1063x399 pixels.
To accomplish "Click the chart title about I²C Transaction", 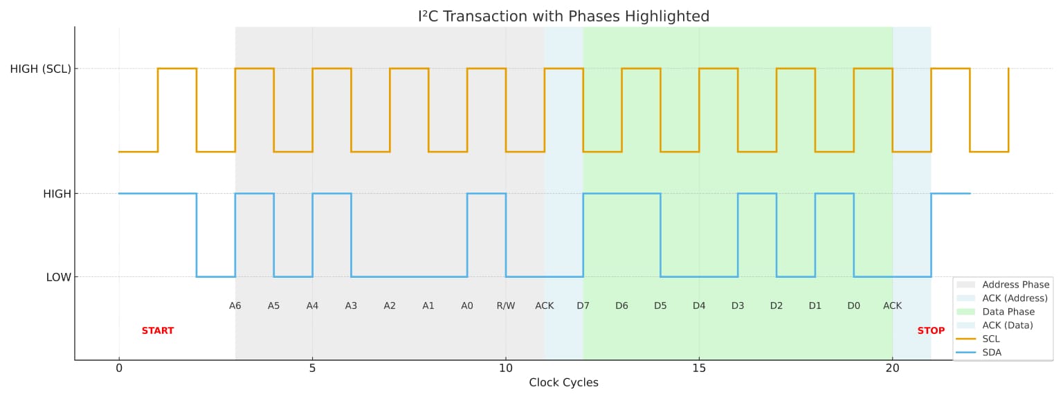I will click(563, 16).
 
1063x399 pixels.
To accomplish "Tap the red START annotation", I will click(158, 331).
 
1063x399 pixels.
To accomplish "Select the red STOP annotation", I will click(931, 331).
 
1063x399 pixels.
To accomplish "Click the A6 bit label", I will click(235, 305).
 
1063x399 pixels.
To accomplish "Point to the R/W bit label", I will click(505, 305).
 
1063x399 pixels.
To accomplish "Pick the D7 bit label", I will click(583, 305).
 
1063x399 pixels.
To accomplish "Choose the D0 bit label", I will click(853, 305).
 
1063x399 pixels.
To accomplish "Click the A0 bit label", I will click(467, 305).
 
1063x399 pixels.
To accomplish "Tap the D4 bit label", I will click(699, 305).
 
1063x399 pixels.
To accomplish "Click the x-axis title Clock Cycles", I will click(563, 383).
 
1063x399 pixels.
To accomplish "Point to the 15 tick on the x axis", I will click(699, 369).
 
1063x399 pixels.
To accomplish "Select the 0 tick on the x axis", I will click(119, 369).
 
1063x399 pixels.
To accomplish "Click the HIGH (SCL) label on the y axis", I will click(40, 69).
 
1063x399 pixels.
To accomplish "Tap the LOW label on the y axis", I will click(58, 278).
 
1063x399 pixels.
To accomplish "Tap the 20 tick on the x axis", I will click(892, 369).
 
